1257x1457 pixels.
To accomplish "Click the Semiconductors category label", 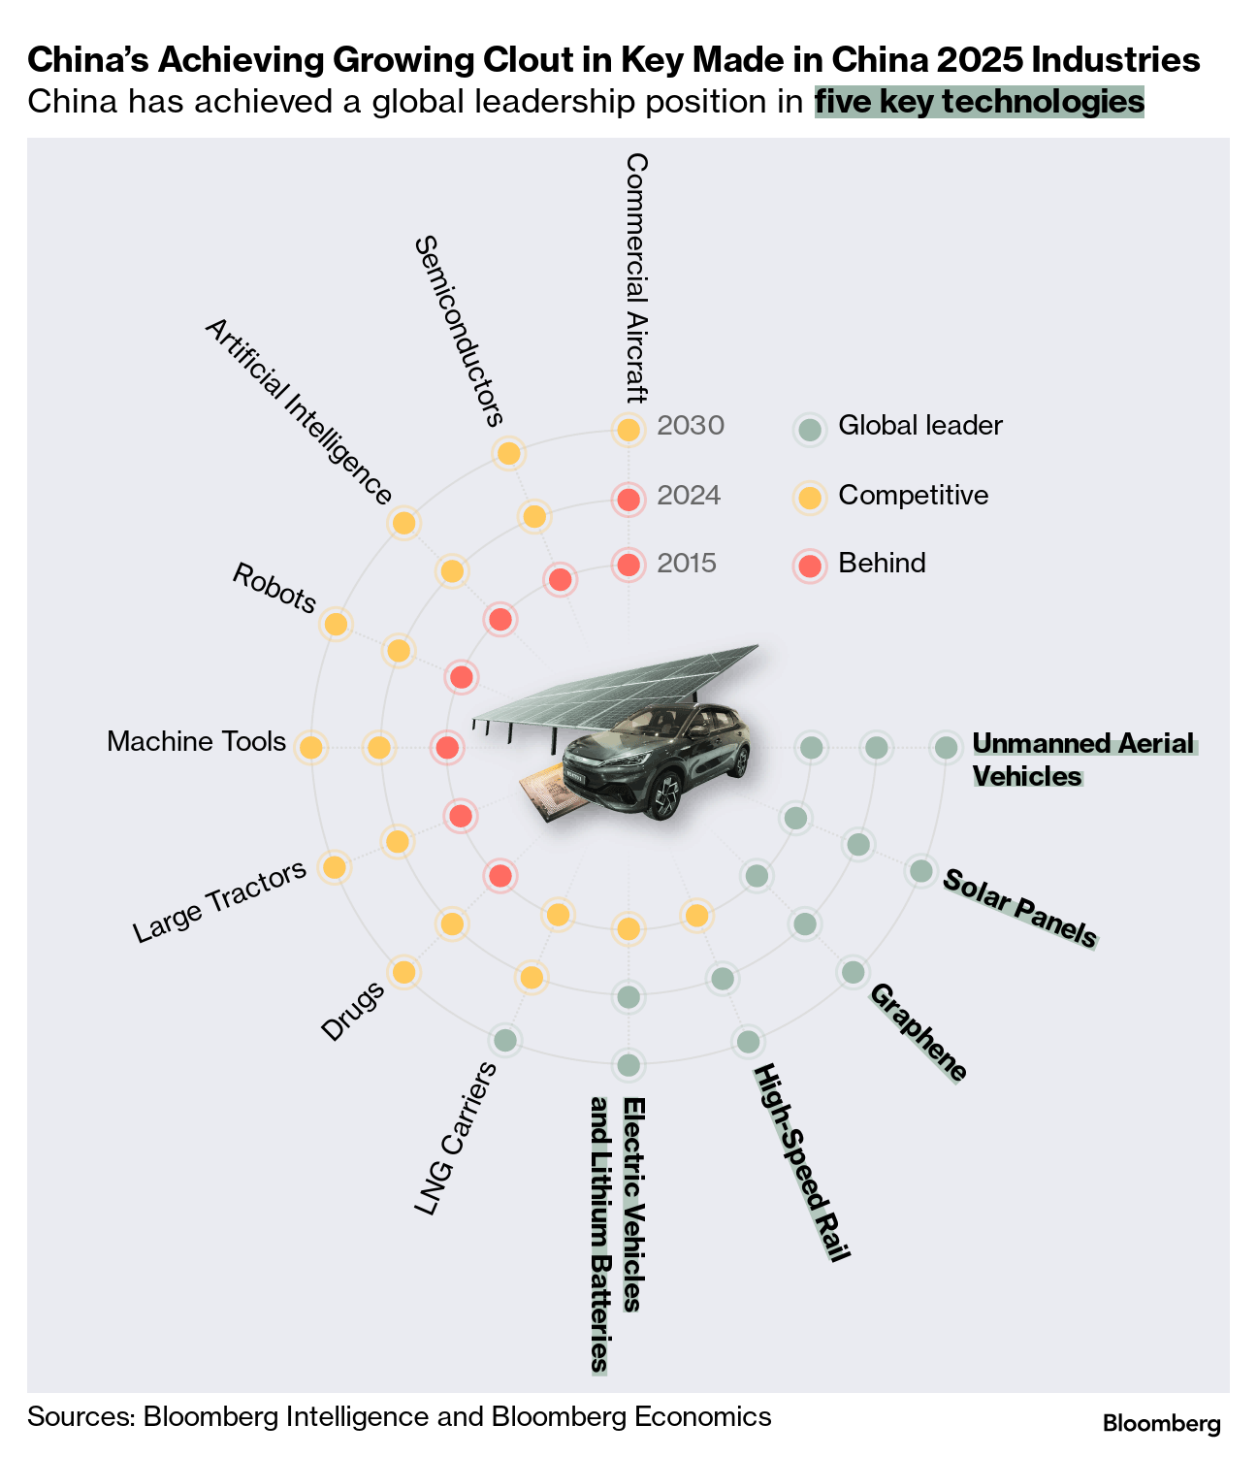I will (x=459, y=331).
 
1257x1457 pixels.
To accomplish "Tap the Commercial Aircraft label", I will (x=636, y=276).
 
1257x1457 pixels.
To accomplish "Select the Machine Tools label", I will (x=197, y=742).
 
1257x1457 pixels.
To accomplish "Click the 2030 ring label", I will (x=691, y=426).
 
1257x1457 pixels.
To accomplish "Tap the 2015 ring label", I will (x=687, y=564).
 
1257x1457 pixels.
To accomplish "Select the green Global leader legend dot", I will (x=809, y=429).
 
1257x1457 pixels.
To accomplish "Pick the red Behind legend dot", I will (x=809, y=565).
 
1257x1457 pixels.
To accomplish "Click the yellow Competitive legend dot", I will (x=809, y=498).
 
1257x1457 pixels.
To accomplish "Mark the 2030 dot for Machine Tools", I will (x=310, y=748).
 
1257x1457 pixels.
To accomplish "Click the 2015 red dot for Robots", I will (x=462, y=677).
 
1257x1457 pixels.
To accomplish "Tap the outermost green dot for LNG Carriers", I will (x=504, y=1041).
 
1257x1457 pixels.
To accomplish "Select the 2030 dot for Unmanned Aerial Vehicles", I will (x=946, y=747).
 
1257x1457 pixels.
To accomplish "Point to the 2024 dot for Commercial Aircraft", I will (x=628, y=500).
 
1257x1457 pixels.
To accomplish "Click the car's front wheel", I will (x=665, y=798).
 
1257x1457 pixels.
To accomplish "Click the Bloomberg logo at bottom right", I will (x=1161, y=1424).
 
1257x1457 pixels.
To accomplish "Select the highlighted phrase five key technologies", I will (x=979, y=102).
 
